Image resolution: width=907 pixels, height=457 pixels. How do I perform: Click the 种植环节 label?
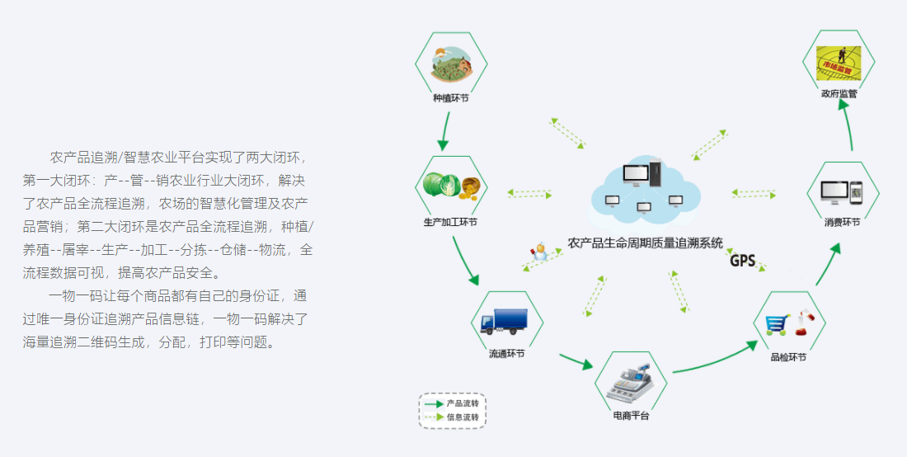[451, 98]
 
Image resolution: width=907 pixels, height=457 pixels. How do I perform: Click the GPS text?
[742, 261]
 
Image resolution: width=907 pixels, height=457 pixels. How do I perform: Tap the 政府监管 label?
[839, 94]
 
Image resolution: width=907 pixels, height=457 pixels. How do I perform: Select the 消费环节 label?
[841, 222]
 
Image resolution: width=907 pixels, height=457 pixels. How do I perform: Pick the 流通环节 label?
[506, 354]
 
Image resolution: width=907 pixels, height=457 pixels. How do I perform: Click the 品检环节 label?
[787, 357]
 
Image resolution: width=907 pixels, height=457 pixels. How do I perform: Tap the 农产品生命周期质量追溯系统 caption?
[645, 243]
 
